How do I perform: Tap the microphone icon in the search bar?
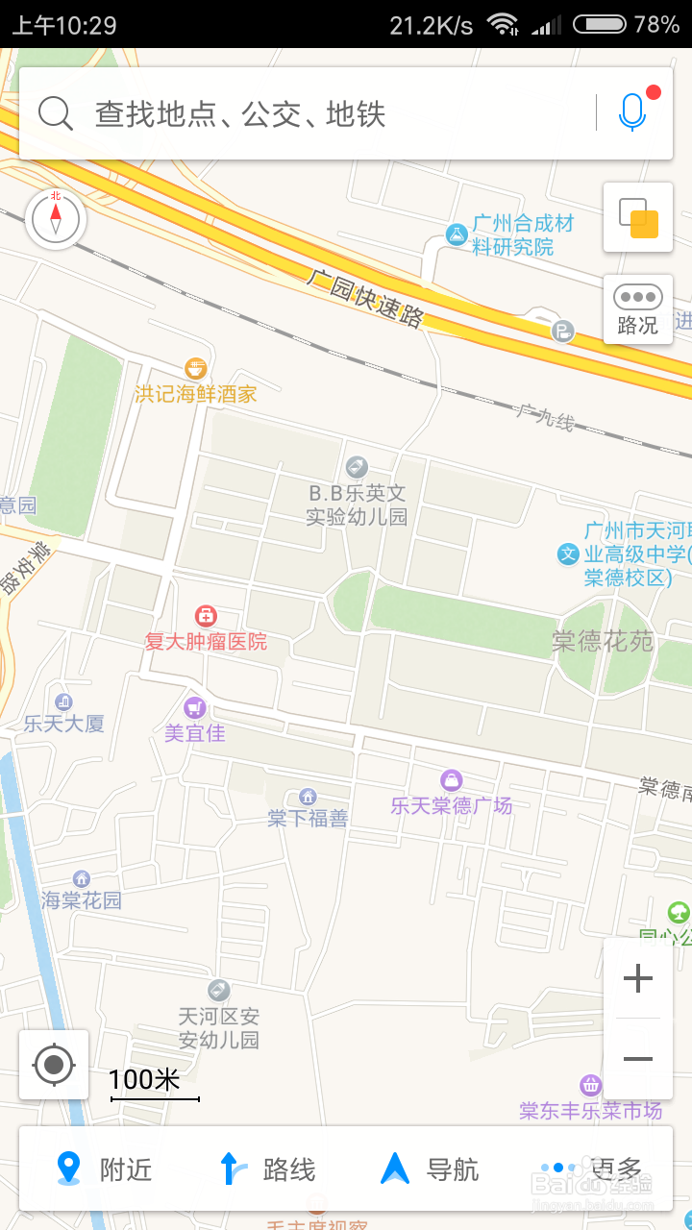coord(631,113)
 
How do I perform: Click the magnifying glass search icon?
coord(56,113)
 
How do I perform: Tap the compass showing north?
coord(56,219)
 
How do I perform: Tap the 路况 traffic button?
coord(637,309)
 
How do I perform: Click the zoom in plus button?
coord(637,979)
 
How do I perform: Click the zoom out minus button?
coord(637,1059)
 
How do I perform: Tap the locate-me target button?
coord(54,1065)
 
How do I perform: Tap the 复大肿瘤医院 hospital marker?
coord(206,616)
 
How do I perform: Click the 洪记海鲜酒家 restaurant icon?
coord(196,368)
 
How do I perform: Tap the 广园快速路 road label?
coord(365,299)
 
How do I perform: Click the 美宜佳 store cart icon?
coord(195,708)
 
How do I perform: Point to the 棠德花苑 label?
coord(602,641)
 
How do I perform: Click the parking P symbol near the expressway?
coord(562,332)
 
